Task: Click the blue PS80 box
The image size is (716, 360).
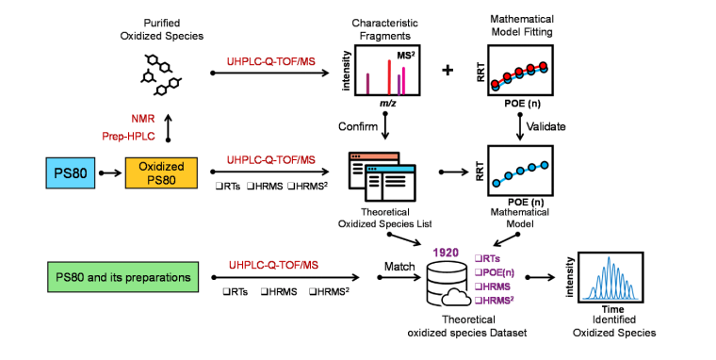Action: (71, 172)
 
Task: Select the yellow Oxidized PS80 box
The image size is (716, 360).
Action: (161, 172)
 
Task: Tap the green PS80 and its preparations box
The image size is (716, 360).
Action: (122, 277)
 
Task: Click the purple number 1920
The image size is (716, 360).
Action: (446, 253)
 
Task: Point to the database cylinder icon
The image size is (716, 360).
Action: (445, 285)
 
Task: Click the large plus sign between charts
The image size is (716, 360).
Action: (447, 70)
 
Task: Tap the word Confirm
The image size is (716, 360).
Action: (358, 126)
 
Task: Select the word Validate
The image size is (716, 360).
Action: (546, 126)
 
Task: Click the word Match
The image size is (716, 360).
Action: (399, 267)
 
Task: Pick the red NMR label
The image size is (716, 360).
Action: (143, 119)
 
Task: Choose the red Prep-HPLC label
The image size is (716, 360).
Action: (128, 136)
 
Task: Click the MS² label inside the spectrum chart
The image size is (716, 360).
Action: (406, 56)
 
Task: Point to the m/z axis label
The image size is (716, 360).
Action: (388, 104)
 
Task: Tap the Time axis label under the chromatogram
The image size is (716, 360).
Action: (612, 309)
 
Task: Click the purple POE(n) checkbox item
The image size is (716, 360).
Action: (495, 272)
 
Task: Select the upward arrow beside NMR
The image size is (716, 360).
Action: (168, 128)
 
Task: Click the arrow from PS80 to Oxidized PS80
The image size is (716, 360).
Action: (110, 172)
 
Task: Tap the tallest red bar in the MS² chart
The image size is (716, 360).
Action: (389, 76)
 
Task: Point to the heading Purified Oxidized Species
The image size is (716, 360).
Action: (162, 29)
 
